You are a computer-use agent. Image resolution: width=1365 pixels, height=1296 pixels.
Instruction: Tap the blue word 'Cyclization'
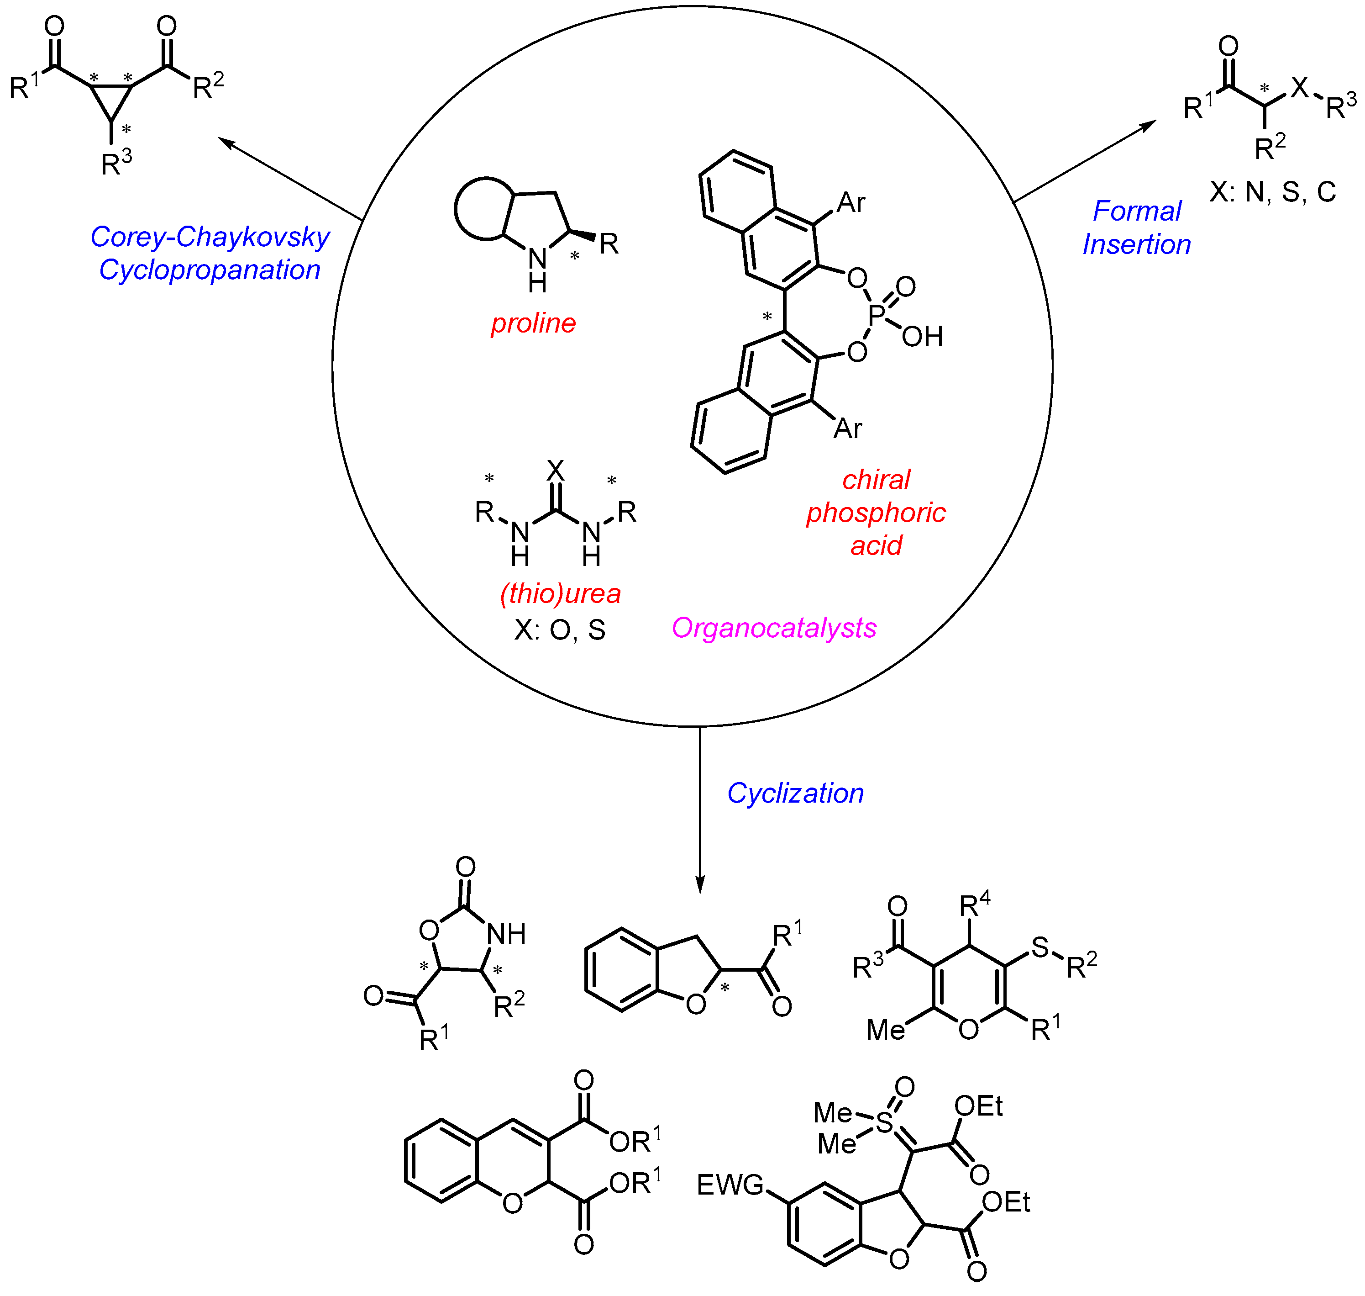pyautogui.click(x=795, y=793)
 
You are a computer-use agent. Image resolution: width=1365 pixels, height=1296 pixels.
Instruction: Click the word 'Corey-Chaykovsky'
pyautogui.click(x=210, y=237)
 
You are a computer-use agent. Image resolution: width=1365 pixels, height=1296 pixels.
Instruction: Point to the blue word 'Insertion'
pyautogui.click(x=1136, y=244)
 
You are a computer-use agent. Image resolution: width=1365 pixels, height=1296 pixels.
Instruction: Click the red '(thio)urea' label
pyautogui.click(x=560, y=593)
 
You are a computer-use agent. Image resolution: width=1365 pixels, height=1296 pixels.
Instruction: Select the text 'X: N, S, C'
pyautogui.click(x=1272, y=191)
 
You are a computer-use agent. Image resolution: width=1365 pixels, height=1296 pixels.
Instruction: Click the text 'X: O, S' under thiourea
pyautogui.click(x=559, y=630)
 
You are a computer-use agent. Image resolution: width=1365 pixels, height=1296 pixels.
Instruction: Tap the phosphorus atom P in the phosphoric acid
pyautogui.click(x=876, y=315)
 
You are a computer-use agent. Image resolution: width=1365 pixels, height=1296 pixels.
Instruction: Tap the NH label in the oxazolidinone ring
pyautogui.click(x=506, y=935)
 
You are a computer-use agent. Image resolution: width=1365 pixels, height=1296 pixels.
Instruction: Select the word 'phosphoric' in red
pyautogui.click(x=876, y=513)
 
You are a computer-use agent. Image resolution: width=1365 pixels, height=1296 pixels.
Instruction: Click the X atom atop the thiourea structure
pyautogui.click(x=555, y=471)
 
